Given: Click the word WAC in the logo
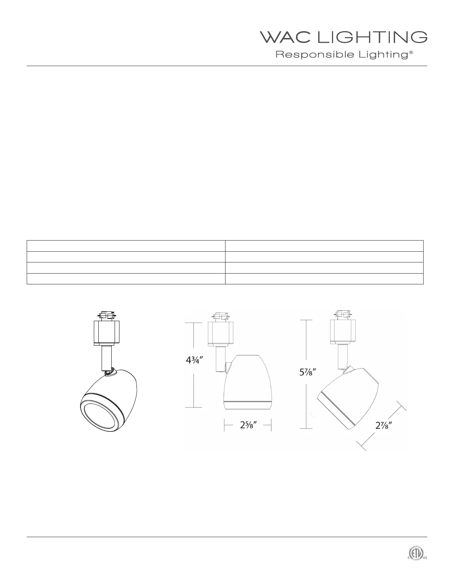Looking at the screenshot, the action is (x=285, y=37).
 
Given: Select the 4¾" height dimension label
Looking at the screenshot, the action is (x=194, y=360).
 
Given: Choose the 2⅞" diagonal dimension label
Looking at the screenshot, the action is (x=384, y=426).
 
